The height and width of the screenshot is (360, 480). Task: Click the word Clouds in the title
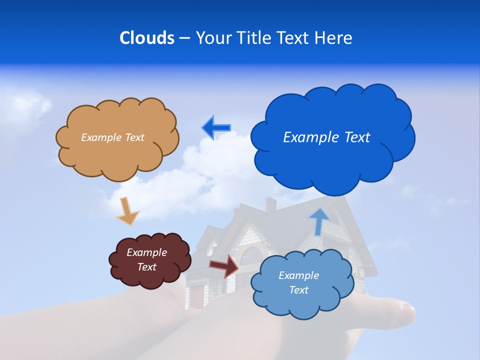coord(146,38)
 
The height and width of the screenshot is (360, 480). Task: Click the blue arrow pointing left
coord(216,128)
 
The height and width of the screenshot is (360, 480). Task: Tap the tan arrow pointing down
coord(127,211)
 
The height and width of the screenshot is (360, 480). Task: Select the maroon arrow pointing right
coord(224,265)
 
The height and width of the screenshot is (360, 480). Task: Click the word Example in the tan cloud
coord(100,137)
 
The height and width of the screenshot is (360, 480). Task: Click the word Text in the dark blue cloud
coord(355,137)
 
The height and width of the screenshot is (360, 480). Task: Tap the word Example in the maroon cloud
coord(146,252)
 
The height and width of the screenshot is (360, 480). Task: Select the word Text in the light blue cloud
coord(298,290)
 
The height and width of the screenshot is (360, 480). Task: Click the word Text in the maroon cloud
coord(146,267)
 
